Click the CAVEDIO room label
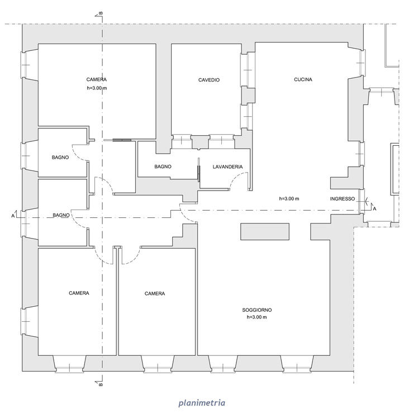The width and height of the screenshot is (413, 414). point(209,80)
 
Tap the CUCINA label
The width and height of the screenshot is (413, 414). point(303,79)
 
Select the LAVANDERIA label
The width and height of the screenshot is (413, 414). point(227,167)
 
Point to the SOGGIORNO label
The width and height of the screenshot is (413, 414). point(257,310)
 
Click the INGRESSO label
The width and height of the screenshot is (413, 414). point(342,199)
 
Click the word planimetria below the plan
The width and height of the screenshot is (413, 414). point(202,403)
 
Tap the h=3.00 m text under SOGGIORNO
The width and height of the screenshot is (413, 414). point(257,317)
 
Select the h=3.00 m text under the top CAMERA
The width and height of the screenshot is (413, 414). point(97,88)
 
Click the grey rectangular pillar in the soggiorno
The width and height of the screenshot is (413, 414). point(264,231)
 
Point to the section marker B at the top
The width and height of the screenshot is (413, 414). point(100,14)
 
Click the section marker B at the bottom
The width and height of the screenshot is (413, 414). point(100,384)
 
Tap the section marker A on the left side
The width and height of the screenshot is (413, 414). point(14,215)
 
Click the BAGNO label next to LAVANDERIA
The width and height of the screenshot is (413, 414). point(163,167)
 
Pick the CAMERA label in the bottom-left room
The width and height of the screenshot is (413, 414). point(79,293)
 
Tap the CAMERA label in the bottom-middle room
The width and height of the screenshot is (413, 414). point(155,294)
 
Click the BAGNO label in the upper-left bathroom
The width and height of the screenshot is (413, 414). point(60,158)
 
